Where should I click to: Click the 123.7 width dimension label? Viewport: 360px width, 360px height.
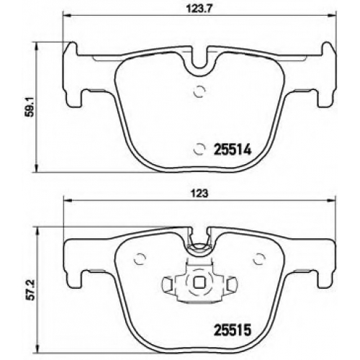coord(199,9)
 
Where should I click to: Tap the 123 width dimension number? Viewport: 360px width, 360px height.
coord(199,194)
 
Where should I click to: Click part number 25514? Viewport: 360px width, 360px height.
coord(232,150)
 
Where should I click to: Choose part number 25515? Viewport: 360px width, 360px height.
coord(232,330)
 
